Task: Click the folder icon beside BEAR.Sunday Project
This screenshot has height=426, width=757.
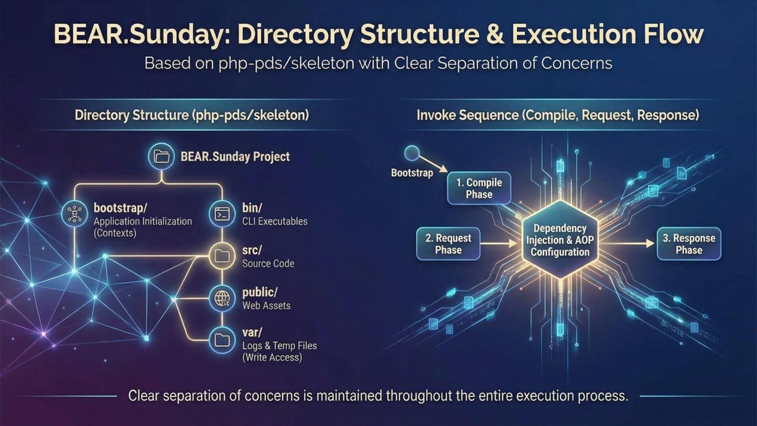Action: click(161, 156)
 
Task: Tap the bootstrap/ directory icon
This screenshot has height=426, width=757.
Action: click(75, 214)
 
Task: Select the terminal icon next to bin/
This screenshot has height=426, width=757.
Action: click(222, 214)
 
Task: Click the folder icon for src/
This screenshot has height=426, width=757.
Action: click(222, 256)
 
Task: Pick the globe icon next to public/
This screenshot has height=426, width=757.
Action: click(222, 298)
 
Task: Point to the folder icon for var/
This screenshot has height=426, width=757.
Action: click(222, 340)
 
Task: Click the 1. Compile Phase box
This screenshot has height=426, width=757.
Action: click(479, 188)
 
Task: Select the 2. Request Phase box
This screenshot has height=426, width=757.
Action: click(448, 244)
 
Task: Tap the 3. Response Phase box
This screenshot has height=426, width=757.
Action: click(689, 244)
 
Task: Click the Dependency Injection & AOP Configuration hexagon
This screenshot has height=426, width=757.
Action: click(560, 240)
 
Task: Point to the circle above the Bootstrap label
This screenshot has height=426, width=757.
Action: click(412, 153)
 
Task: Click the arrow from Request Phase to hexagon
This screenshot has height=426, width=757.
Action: click(499, 244)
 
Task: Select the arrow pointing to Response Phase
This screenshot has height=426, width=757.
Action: click(627, 244)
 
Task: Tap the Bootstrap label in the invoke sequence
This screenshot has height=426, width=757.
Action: click(412, 173)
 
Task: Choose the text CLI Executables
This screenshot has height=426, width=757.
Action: click(275, 221)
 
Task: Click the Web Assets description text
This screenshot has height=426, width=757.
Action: click(267, 306)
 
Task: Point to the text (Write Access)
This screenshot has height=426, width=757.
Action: click(272, 357)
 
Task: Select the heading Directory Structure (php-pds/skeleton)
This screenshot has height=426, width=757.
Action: click(192, 115)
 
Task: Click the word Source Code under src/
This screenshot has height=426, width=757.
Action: click(268, 263)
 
